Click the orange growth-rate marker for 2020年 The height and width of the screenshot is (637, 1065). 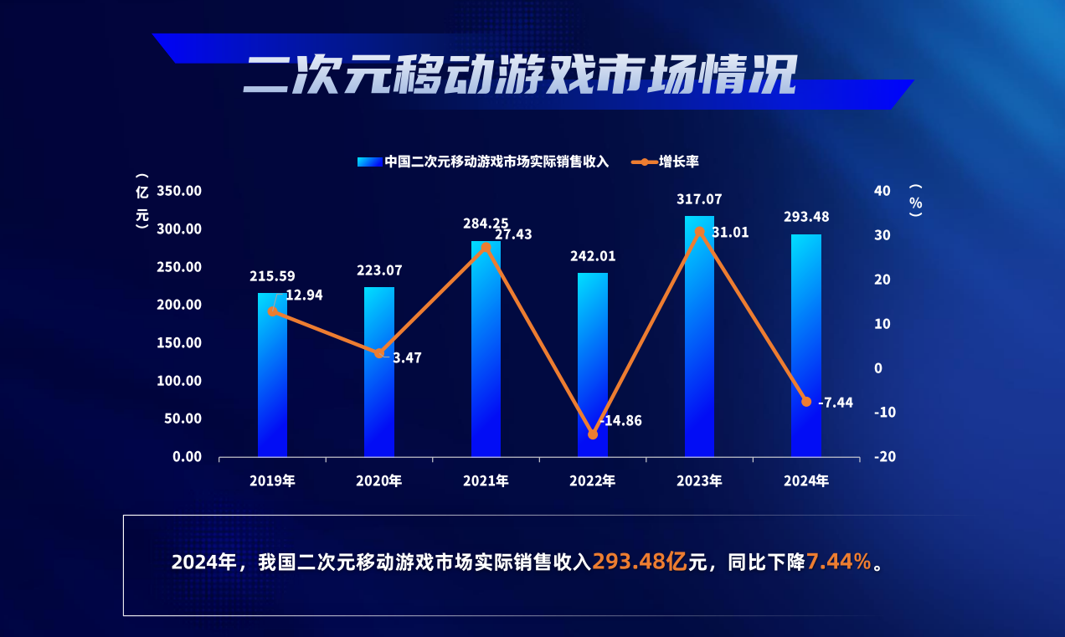379,353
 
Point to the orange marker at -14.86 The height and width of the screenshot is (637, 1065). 593,434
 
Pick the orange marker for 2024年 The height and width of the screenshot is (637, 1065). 806,402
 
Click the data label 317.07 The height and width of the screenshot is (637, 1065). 699,200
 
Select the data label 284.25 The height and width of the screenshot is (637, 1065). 486,223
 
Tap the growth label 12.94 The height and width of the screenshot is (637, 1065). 304,295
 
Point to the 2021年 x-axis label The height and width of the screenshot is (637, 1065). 486,481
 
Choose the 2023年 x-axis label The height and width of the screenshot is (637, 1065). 699,481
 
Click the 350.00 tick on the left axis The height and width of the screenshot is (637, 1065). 180,191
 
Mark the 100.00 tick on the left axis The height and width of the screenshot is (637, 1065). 180,381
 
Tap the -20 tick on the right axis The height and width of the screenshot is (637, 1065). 886,457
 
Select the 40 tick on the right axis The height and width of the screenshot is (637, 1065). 882,191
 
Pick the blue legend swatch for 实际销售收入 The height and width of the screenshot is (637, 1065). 369,162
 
